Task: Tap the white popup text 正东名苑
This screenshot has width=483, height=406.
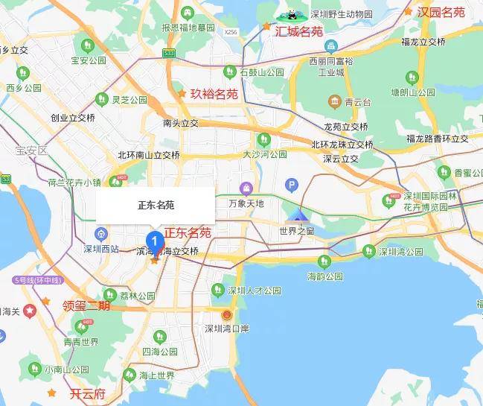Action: (x=156, y=204)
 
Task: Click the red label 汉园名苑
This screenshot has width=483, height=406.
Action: (x=441, y=12)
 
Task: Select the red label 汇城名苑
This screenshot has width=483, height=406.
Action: (x=299, y=31)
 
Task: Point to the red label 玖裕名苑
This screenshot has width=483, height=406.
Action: (x=214, y=94)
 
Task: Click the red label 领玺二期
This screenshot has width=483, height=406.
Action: (x=86, y=305)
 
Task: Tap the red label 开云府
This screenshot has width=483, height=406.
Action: (x=87, y=394)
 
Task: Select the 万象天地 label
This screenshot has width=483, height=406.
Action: (x=246, y=203)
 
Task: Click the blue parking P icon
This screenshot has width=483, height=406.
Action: (x=292, y=184)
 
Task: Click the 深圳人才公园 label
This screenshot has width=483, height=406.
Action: (x=254, y=290)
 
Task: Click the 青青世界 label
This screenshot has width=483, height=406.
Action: (x=80, y=343)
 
